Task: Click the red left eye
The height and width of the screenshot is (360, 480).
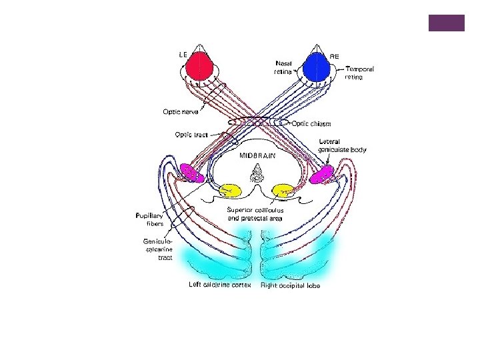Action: pyautogui.click(x=199, y=65)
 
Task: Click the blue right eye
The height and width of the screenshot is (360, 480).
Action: pyautogui.click(x=315, y=65)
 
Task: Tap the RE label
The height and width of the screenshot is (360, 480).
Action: pyautogui.click(x=335, y=57)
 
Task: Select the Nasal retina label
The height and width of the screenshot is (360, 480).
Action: pyautogui.click(x=283, y=67)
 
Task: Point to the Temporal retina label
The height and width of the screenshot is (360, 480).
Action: pyautogui.click(x=359, y=73)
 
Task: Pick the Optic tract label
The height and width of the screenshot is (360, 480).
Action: pyautogui.click(x=191, y=135)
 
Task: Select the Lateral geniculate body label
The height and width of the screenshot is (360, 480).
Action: pyautogui.click(x=342, y=145)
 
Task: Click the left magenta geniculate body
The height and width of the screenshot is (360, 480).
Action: pyautogui.click(x=191, y=172)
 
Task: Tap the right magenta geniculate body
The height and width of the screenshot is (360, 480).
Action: pyautogui.click(x=321, y=173)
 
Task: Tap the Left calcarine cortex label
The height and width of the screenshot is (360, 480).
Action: pyautogui.click(x=219, y=285)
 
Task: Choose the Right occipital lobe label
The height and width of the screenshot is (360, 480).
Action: pyautogui.click(x=291, y=285)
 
